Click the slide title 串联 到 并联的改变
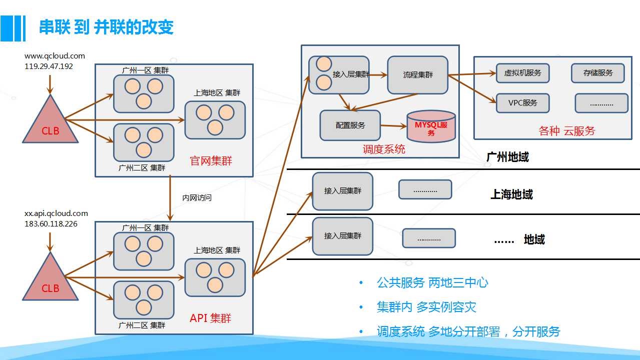(106, 27)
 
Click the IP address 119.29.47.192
(49, 66)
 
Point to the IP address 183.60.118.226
(51, 224)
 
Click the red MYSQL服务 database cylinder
(431, 126)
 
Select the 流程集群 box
(418, 75)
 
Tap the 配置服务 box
(350, 125)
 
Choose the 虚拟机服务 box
(522, 73)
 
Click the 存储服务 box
(598, 73)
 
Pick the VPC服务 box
(522, 103)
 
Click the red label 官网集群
(211, 160)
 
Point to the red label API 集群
(211, 318)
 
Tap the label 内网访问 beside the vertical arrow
(197, 197)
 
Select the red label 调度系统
(384, 149)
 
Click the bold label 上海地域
(512, 194)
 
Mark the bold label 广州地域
(508, 157)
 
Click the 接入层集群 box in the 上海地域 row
(343, 191)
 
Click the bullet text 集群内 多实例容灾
(426, 307)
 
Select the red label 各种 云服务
(567, 131)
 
